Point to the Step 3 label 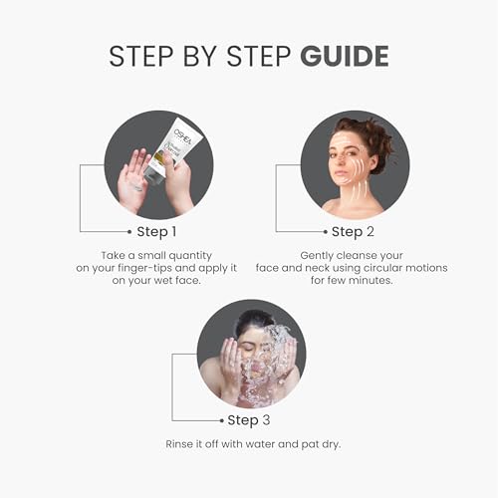pyautogui.click(x=257, y=419)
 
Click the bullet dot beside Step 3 pyautogui.click(x=222, y=419)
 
